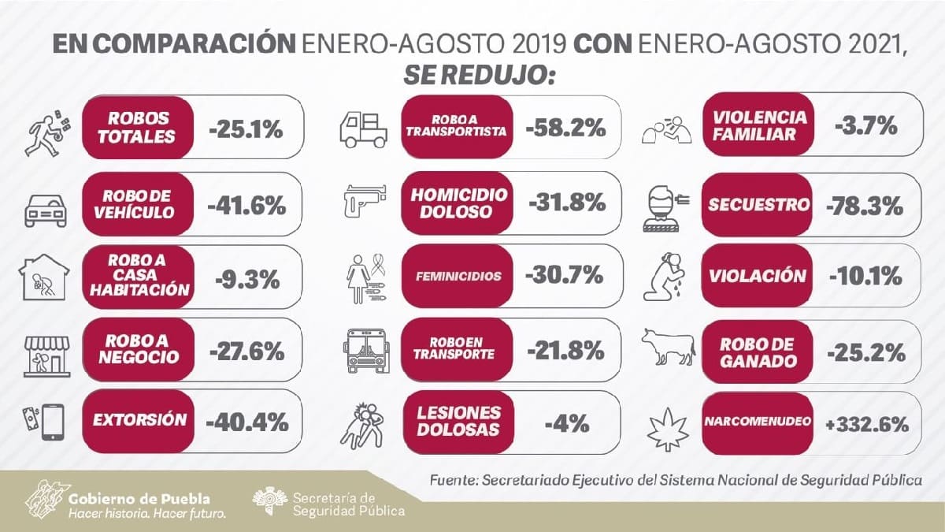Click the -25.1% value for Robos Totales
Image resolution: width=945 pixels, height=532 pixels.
tap(246, 128)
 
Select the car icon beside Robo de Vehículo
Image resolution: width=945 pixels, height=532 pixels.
tap(45, 209)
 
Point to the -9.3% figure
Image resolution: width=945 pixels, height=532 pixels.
tap(246, 277)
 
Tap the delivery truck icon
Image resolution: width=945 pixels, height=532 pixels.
tap(364, 128)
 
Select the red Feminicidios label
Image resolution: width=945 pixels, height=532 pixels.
tap(458, 277)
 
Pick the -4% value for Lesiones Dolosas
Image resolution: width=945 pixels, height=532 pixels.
tap(566, 423)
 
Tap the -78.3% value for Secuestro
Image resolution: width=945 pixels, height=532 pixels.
tap(864, 205)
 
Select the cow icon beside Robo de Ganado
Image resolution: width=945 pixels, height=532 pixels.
tap(666, 348)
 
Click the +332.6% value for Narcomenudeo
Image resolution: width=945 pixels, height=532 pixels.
tap(866, 423)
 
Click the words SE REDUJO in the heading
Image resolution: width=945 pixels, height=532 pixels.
tap(480, 75)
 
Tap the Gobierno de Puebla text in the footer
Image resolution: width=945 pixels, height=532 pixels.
tap(139, 499)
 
